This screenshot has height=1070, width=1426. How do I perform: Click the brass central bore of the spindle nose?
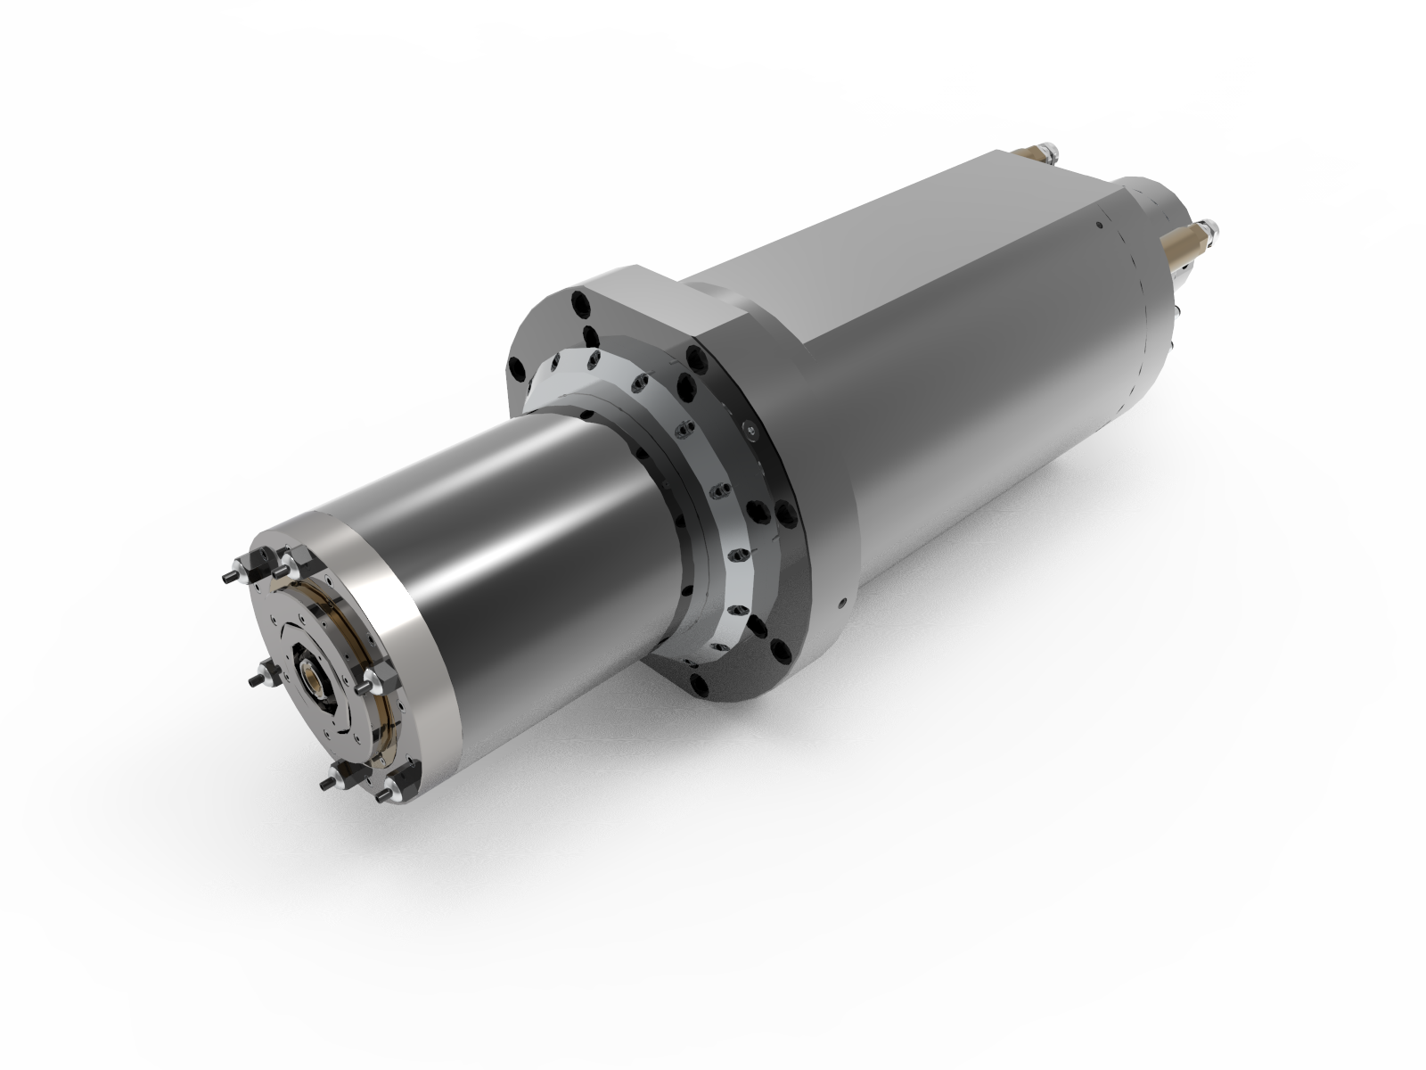coord(312,681)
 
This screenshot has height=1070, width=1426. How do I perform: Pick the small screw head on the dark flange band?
coord(751,431)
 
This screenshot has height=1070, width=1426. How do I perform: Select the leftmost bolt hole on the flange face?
coord(517,368)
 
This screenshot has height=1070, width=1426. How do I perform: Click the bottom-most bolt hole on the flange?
coord(700,684)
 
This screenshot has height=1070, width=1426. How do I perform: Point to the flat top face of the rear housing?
coord(891,223)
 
